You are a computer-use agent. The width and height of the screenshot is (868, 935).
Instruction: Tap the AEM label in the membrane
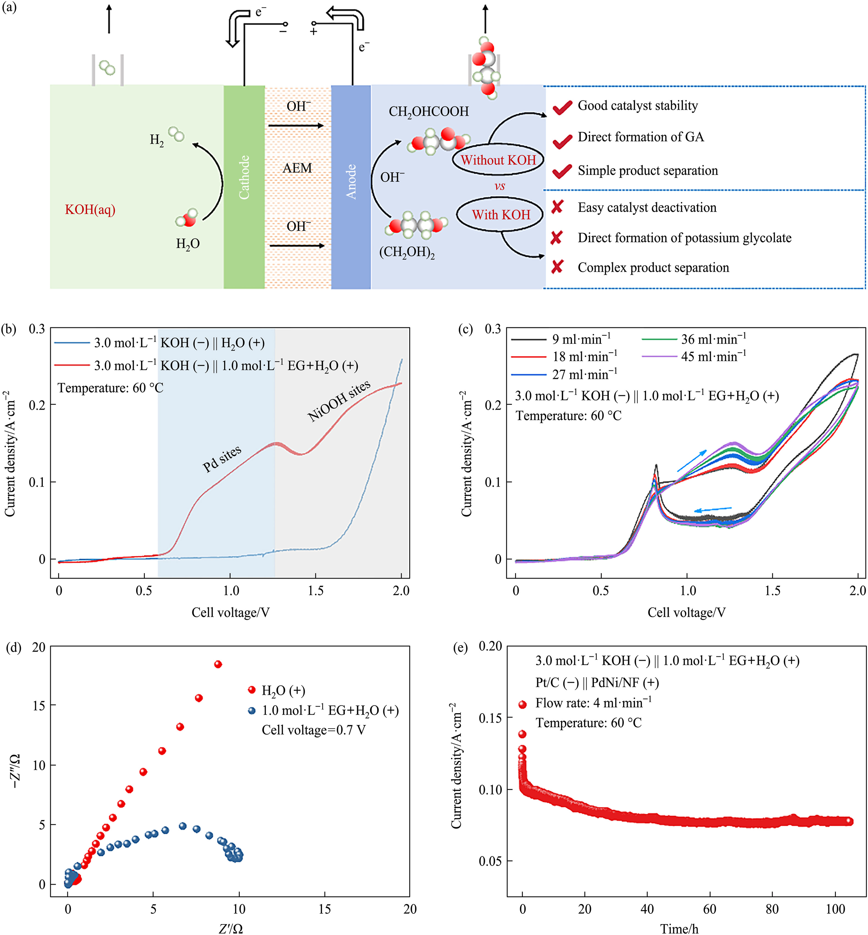(297, 168)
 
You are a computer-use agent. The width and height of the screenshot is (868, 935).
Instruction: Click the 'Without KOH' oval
(498, 160)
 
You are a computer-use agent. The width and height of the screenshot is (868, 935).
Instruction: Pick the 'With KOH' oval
(500, 215)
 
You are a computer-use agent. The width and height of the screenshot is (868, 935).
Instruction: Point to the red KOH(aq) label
(90, 210)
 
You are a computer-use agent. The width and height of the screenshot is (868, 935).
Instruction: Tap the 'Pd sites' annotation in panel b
(222, 458)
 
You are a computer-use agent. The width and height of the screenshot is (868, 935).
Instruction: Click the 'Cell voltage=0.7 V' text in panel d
(313, 730)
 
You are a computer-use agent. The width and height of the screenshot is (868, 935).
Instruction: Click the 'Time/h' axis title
(679, 928)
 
